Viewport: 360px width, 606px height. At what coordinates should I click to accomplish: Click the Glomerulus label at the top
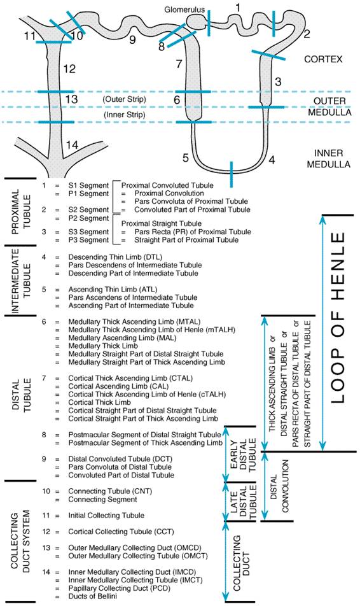coord(184,10)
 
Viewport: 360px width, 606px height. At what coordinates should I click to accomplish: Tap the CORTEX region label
coord(323,59)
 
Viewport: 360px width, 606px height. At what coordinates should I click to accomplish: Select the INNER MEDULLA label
coord(328,159)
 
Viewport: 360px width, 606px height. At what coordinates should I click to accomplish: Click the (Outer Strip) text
coord(125,99)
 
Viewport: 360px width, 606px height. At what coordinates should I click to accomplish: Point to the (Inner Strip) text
coord(125,115)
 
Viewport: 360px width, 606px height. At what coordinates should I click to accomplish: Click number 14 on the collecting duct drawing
coord(73,145)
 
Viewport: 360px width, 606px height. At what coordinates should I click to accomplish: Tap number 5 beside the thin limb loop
coord(186,158)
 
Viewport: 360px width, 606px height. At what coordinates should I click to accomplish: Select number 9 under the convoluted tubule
coord(132,39)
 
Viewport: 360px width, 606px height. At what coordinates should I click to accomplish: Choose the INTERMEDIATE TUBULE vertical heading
coord(21,281)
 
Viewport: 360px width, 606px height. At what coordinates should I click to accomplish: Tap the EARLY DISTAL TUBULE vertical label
coord(243,454)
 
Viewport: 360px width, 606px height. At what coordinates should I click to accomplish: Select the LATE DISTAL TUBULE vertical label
coord(243,502)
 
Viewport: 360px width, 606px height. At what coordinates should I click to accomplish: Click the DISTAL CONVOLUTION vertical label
coord(280,486)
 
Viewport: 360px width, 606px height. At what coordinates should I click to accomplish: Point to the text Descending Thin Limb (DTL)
coord(115,257)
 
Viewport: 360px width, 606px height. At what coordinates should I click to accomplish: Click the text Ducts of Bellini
coord(93,596)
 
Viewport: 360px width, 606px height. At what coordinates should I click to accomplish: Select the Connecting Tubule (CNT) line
coord(110,491)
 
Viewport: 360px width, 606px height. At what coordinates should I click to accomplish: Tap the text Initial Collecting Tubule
coord(106,516)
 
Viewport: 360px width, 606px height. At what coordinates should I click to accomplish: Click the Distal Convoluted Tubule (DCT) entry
coord(120,459)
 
